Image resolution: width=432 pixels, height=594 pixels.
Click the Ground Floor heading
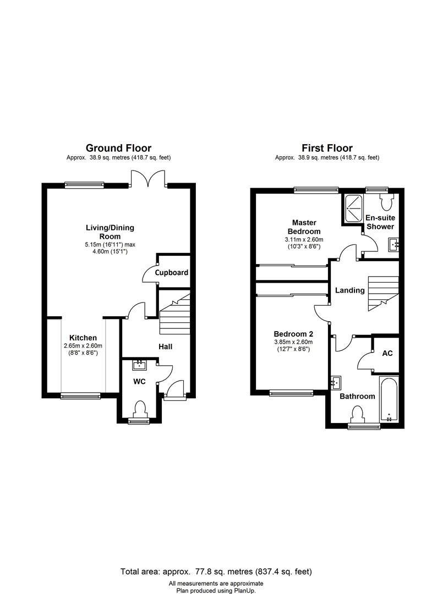[118, 148]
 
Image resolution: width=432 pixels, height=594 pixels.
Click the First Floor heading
[327, 148]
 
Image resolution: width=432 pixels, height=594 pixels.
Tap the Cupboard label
[171, 272]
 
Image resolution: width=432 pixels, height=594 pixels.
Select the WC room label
[139, 381]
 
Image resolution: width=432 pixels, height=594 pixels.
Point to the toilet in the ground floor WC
[140, 410]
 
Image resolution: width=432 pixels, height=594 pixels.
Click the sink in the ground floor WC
[140, 364]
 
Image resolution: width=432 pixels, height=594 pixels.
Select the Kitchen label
[83, 338]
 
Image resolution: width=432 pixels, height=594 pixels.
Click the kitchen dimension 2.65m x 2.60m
[83, 345]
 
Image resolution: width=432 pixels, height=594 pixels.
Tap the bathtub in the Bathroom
[390, 400]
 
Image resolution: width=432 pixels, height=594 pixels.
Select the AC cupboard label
[387, 353]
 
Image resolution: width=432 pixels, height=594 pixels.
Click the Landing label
[349, 290]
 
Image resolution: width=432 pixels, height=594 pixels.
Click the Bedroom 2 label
[293, 334]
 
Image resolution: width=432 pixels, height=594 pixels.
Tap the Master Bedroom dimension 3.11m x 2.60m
[304, 240]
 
